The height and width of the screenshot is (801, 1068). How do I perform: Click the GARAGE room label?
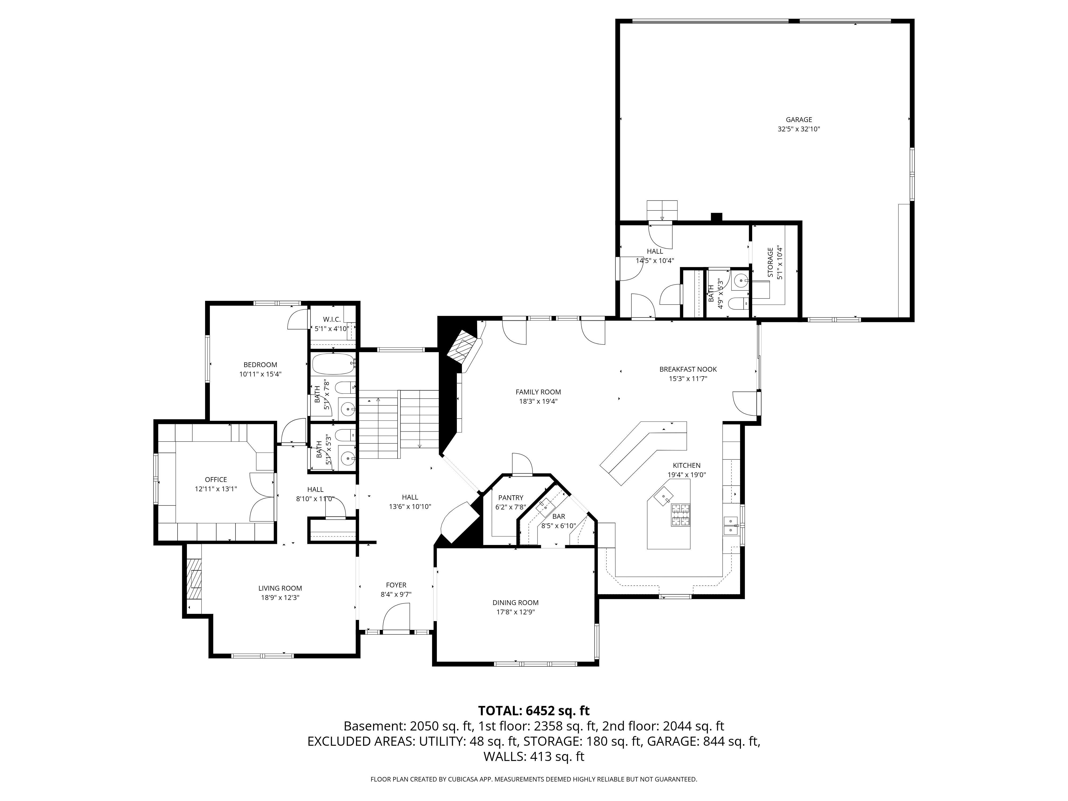(x=799, y=120)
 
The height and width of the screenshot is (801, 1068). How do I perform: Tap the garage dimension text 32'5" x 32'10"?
(x=799, y=129)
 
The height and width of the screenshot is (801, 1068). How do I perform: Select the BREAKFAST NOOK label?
(x=688, y=369)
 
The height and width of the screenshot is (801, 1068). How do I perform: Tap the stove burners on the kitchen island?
(x=681, y=515)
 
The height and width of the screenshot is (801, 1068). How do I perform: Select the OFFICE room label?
(x=216, y=480)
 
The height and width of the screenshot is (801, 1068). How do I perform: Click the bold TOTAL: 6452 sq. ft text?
(x=533, y=711)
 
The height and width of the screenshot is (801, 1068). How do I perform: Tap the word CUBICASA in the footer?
(x=462, y=779)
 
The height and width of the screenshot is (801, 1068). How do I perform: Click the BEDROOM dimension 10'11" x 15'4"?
(x=260, y=374)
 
